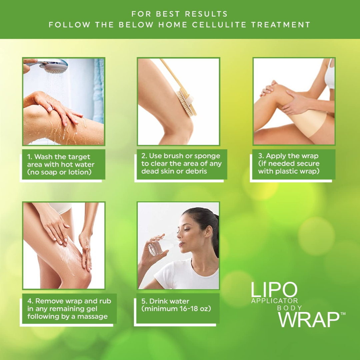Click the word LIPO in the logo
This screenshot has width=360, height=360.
[274, 290]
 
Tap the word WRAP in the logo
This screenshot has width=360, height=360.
[308, 319]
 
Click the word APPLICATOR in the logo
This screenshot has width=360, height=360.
[275, 301]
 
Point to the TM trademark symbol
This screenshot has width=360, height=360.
[343, 314]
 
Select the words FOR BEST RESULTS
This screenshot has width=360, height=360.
[180, 14]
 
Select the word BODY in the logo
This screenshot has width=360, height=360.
[290, 308]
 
